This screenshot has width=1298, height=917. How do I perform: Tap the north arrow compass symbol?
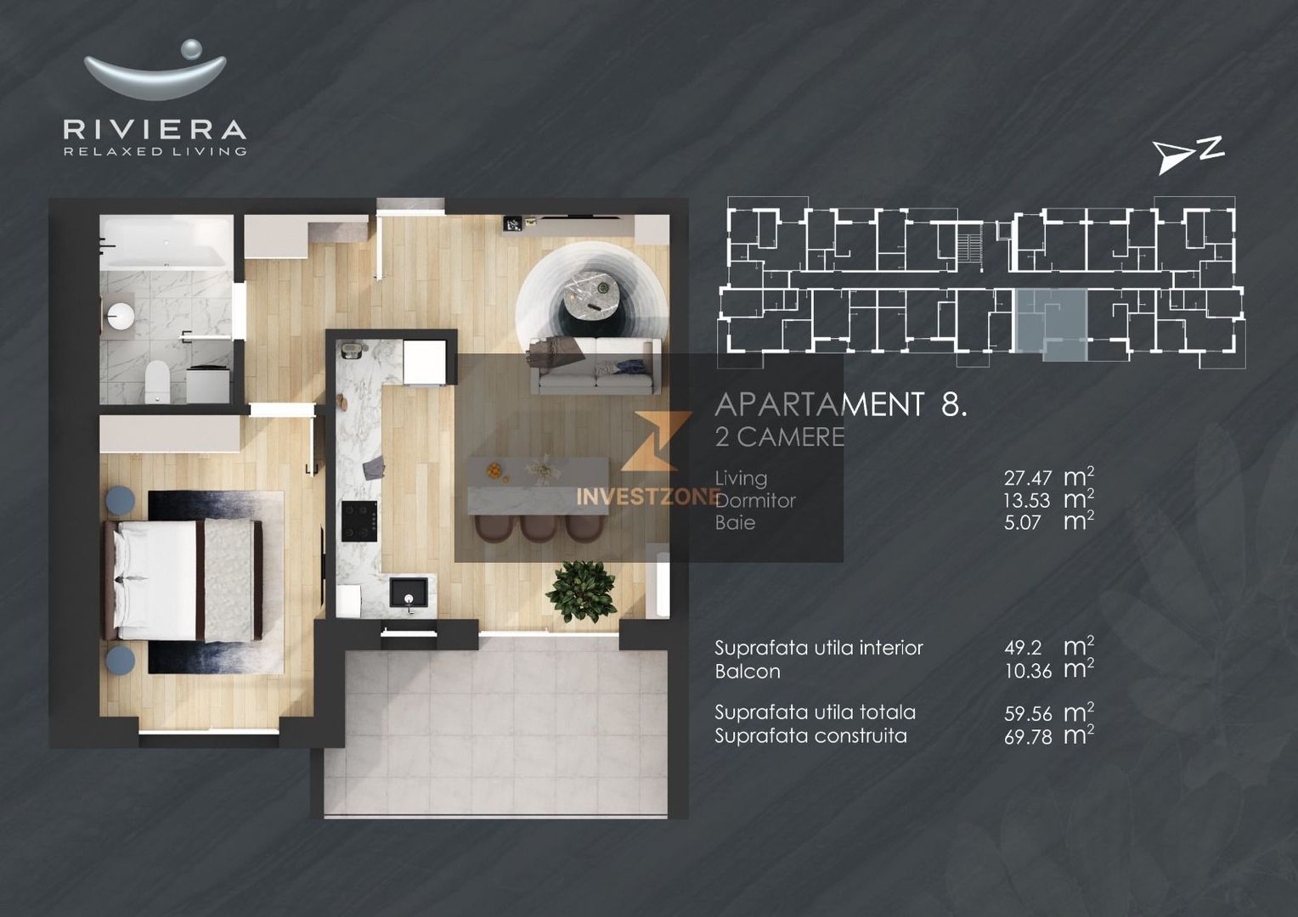click(1186, 155)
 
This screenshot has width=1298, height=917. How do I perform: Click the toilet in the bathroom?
click(157, 381)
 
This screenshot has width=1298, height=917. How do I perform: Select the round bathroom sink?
click(120, 315)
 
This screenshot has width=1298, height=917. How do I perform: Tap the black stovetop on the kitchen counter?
click(358, 520)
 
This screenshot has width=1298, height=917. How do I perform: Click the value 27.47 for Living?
click(1028, 479)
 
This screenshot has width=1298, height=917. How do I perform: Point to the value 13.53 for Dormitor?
click(1026, 501)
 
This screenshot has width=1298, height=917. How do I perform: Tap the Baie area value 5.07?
click(1022, 523)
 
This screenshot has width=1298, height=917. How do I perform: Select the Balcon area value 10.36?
click(1028, 672)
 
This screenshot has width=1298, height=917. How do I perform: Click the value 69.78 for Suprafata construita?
click(1028, 737)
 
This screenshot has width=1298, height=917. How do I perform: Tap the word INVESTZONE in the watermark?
click(647, 497)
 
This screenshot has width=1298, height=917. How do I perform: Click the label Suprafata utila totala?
click(815, 712)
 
